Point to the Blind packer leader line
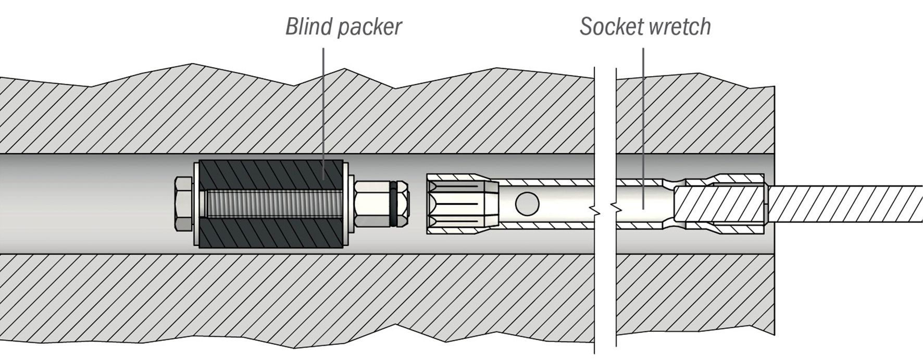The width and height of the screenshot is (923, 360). pyautogui.click(x=323, y=104)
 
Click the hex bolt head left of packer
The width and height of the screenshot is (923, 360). pyautogui.click(x=183, y=204)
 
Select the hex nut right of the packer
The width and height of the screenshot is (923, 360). pyautogui.click(x=371, y=204)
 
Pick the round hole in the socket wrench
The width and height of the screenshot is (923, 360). pyautogui.click(x=527, y=203)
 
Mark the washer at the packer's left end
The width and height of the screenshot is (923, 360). pyautogui.click(x=195, y=204)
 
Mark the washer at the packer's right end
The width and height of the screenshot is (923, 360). pyautogui.click(x=345, y=204)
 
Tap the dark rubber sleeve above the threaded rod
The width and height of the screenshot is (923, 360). pyautogui.click(x=271, y=174)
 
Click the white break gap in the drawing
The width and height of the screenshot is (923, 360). pyautogui.click(x=605, y=130)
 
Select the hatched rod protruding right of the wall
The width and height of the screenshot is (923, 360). pyautogui.click(x=844, y=204)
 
